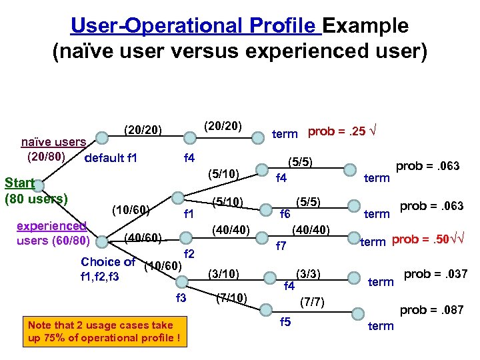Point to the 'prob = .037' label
tap(435, 274)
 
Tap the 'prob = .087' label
tap(431, 310)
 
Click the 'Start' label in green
tap(20, 183)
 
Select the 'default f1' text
tap(111, 158)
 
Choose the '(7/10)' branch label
tap(232, 297)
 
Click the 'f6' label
tap(285, 214)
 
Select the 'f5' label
tap(286, 323)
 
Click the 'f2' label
tap(189, 254)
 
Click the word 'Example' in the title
tap(367, 26)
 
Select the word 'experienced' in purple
tap(52, 226)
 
